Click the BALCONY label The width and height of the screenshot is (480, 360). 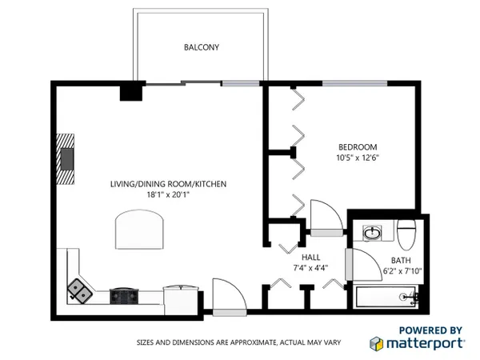click(x=202, y=47)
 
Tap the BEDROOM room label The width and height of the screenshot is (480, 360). click(x=358, y=147)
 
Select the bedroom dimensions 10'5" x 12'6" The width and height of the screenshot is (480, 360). click(x=358, y=158)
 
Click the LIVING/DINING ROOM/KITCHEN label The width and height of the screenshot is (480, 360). click(x=168, y=184)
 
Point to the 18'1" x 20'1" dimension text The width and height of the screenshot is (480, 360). click(x=168, y=194)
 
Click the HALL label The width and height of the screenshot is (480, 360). click(x=310, y=257)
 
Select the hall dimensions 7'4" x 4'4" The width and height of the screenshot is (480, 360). click(x=310, y=268)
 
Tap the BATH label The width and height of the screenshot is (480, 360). click(x=401, y=261)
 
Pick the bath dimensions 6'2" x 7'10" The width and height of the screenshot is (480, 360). click(x=402, y=271)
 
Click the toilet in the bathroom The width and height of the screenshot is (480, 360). click(x=406, y=234)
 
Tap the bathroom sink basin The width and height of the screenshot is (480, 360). click(x=372, y=234)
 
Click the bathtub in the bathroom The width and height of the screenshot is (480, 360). click(x=386, y=297)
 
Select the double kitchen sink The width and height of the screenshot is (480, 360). click(x=79, y=291)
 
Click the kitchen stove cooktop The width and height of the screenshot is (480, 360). click(x=124, y=296)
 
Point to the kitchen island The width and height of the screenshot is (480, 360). click(x=139, y=230)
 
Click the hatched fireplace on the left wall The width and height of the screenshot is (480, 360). click(x=66, y=159)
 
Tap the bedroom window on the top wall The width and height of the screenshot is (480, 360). click(x=354, y=83)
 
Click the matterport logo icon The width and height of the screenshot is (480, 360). click(x=376, y=343)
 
